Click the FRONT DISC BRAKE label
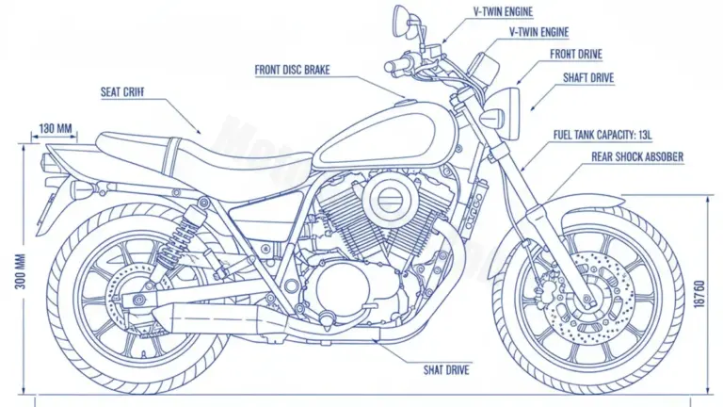click(x=292, y=69)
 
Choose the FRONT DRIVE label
click(x=576, y=55)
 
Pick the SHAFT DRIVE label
click(x=588, y=78)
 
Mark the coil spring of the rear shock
click(x=180, y=241)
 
